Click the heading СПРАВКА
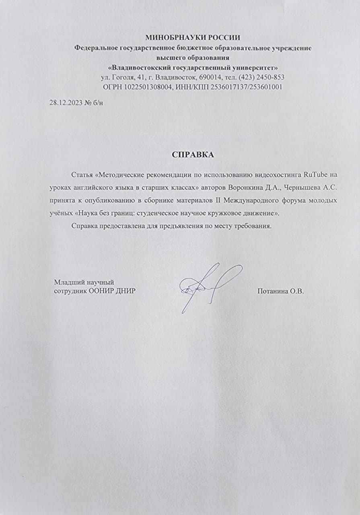coord(193,154)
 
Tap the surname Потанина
coord(272,292)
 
